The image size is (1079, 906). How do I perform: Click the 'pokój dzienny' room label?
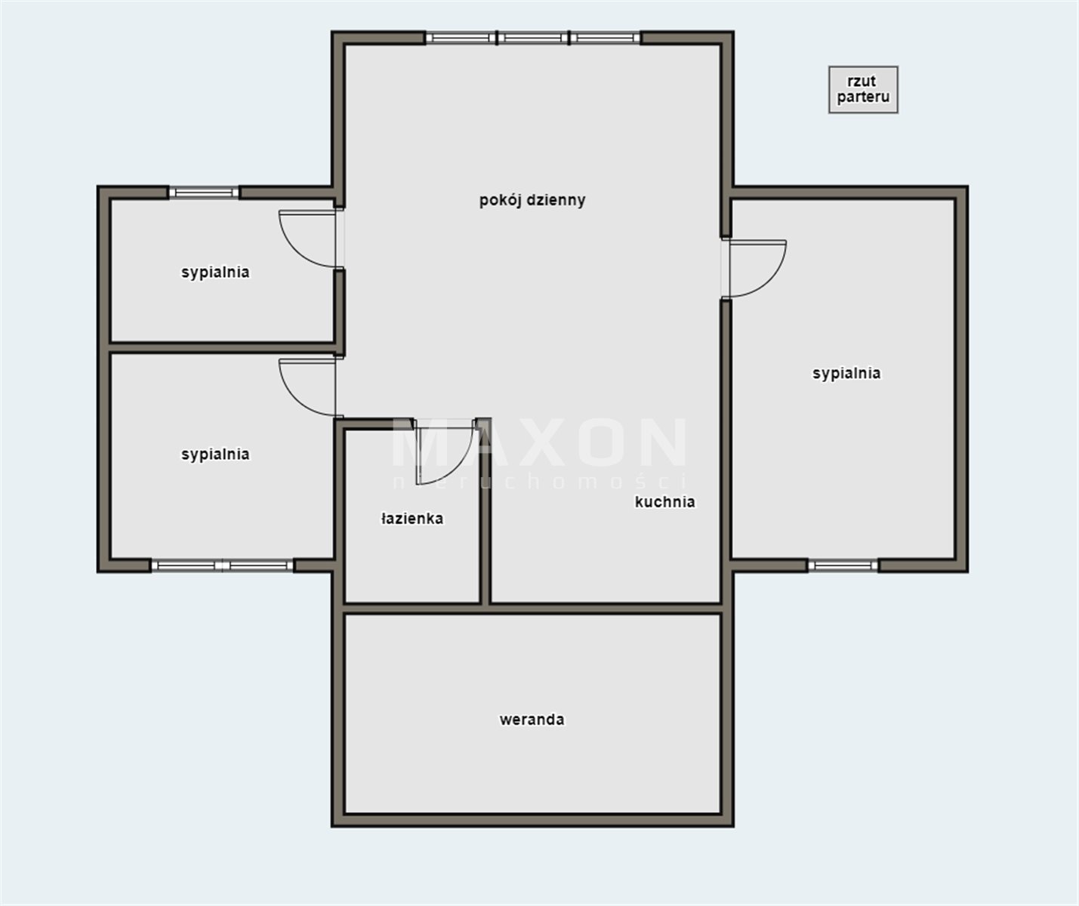532,201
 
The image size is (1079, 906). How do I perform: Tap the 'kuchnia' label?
664,502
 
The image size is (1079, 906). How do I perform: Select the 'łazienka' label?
412,519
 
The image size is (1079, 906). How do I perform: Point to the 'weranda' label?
532,720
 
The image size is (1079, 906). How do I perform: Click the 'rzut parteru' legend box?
863,89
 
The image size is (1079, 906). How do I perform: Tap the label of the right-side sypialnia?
846,373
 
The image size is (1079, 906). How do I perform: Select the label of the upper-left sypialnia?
215,273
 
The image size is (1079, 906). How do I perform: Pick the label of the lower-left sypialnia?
215,455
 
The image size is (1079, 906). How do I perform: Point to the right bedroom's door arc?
771,279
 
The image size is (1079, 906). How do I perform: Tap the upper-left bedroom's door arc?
294,250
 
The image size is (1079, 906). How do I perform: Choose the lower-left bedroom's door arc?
294,398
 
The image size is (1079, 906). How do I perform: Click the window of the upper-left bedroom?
204,193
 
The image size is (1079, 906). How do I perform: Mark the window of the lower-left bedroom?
222,565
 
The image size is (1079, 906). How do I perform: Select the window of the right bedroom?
843,565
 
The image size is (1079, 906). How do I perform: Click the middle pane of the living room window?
533,37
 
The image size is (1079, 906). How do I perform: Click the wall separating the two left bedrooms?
222,347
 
